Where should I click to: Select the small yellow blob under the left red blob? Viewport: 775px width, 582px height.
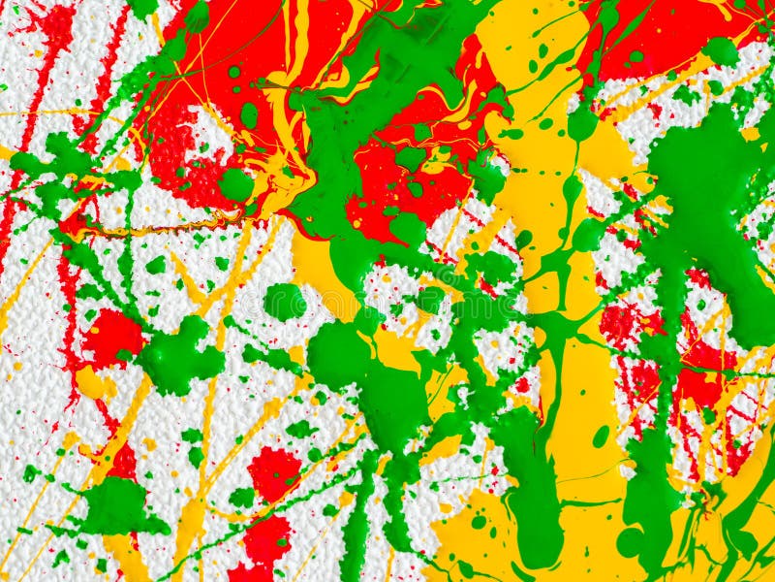pyautogui.click(x=93, y=384)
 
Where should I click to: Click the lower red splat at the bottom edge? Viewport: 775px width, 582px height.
pyautogui.click(x=263, y=543)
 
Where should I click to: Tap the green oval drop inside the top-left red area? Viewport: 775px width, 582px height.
pyautogui.click(x=249, y=115)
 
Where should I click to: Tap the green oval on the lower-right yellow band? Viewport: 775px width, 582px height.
pyautogui.click(x=601, y=436)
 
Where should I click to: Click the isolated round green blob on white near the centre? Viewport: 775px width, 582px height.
pyautogui.click(x=284, y=302)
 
